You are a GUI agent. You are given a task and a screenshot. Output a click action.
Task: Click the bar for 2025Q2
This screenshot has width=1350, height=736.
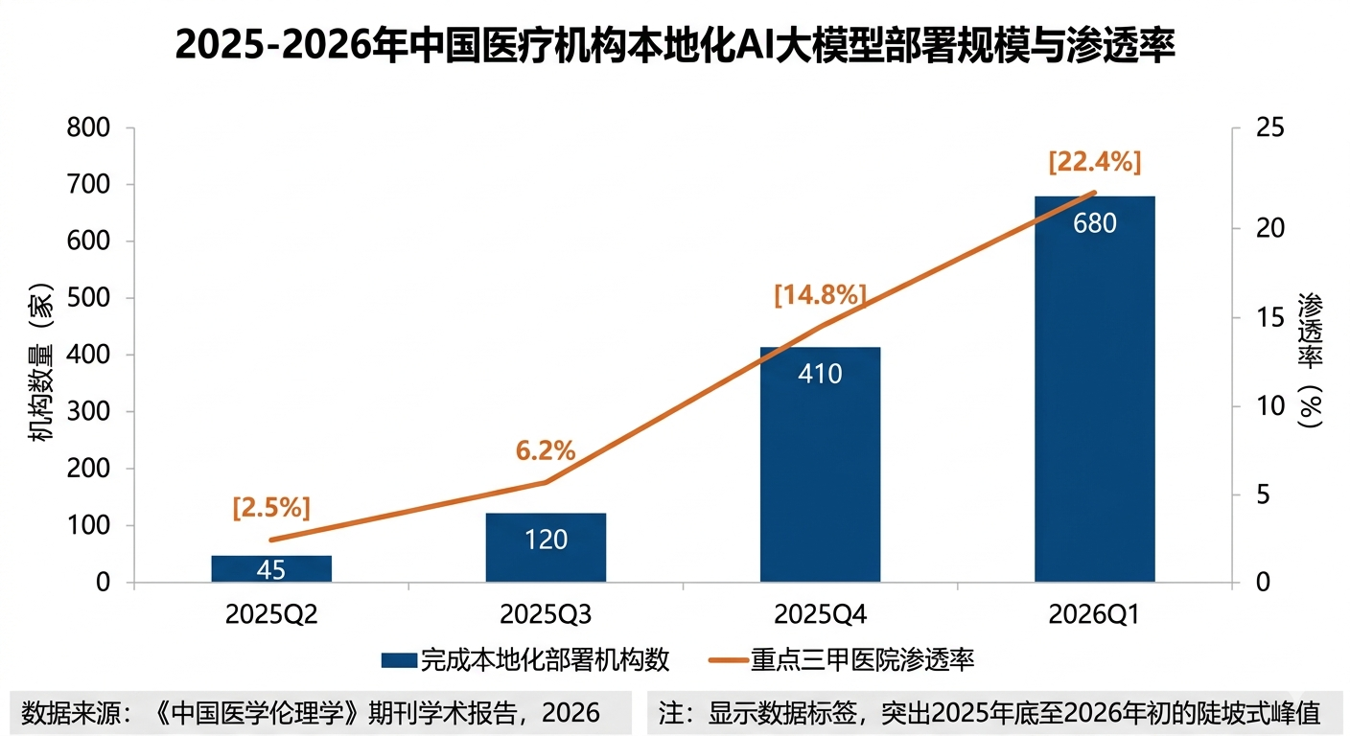point(271,568)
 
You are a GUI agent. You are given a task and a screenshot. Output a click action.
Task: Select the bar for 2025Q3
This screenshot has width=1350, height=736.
point(546,547)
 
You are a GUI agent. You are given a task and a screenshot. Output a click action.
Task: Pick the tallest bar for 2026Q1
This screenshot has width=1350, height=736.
point(1094,388)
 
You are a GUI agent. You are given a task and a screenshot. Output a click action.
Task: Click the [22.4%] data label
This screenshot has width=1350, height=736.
point(1095,163)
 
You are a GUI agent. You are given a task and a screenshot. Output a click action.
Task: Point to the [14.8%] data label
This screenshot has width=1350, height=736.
point(820,295)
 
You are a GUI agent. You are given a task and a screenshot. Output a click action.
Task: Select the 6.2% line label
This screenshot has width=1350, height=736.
point(546,449)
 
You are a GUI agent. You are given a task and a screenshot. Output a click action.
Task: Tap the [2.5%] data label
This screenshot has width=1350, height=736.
point(271,508)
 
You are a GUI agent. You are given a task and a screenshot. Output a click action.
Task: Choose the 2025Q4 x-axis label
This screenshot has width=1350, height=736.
point(820,615)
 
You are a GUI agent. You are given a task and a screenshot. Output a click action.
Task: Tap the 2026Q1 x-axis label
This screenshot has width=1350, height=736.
point(1094,615)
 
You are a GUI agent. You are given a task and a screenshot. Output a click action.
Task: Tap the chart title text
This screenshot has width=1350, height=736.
point(674,45)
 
